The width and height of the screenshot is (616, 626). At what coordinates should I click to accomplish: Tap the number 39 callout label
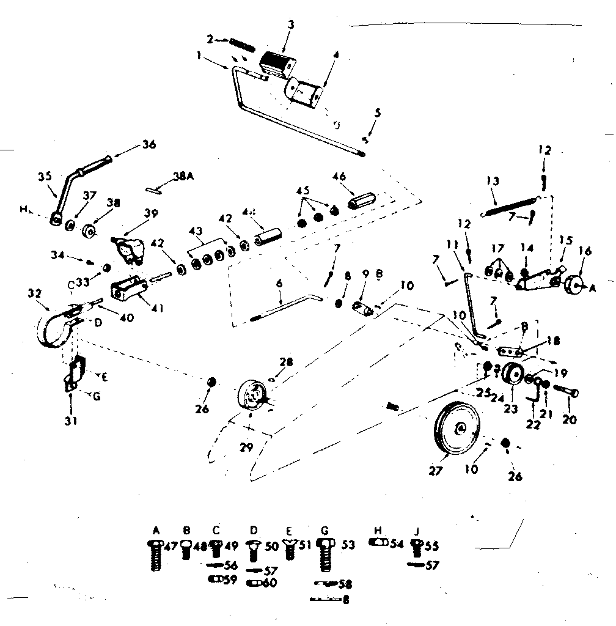click(x=150, y=213)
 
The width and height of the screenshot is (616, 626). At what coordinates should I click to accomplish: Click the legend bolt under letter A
click(x=155, y=555)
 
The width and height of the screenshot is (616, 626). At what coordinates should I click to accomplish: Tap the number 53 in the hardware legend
click(x=348, y=545)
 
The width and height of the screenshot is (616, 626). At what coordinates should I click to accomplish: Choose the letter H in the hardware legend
click(x=378, y=529)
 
